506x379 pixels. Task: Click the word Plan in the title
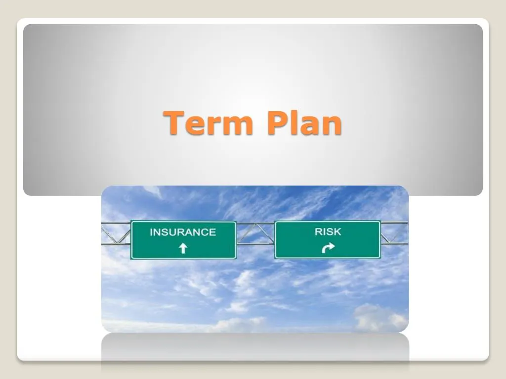pyautogui.click(x=303, y=123)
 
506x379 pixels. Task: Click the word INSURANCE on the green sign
pyautogui.click(x=183, y=232)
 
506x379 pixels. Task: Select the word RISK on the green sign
pyautogui.click(x=328, y=231)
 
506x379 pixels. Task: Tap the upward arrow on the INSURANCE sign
pyautogui.click(x=183, y=248)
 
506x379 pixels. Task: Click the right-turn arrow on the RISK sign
pyautogui.click(x=328, y=248)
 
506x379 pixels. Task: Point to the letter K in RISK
pyautogui.click(x=337, y=231)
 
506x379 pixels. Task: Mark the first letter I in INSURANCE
pyautogui.click(x=151, y=232)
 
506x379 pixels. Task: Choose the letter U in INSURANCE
pyautogui.click(x=173, y=232)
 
